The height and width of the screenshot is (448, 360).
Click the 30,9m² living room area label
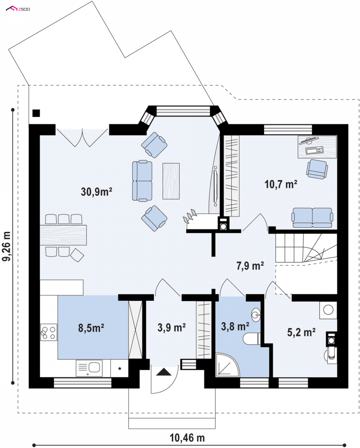[x=96, y=191]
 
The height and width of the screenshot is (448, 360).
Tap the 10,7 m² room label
[x=281, y=184]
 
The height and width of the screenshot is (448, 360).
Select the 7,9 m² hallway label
[x=250, y=266]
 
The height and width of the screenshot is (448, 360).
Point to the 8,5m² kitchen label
[x=91, y=328]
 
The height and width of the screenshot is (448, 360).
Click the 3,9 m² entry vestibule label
[x=171, y=327]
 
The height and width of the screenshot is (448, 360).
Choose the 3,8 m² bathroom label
[x=235, y=326]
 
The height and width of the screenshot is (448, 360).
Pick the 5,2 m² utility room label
[x=301, y=332]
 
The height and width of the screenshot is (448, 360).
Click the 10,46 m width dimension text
[x=187, y=438]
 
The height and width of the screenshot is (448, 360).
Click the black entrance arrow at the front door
[x=164, y=372]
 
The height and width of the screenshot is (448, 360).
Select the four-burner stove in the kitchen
[x=49, y=333]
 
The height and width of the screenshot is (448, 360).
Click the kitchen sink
[x=89, y=368]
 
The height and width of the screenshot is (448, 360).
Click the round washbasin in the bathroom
[x=256, y=315]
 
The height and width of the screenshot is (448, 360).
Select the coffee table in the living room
[x=171, y=181]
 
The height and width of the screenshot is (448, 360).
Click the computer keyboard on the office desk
[x=314, y=150]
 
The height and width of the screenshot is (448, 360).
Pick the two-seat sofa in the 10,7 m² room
[x=312, y=217]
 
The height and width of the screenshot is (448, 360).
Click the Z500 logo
[x=18, y=9]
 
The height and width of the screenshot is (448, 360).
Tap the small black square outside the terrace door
[x=36, y=113]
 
